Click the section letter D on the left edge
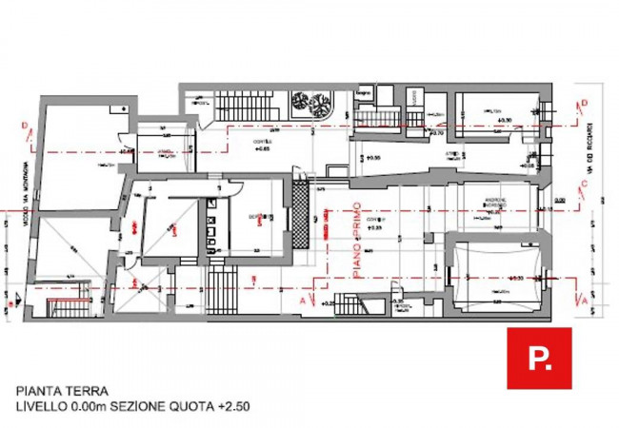[x=22, y=126]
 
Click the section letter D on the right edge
[x=584, y=103]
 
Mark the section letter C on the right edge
[x=584, y=185]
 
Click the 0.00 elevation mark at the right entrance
[x=560, y=201]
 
